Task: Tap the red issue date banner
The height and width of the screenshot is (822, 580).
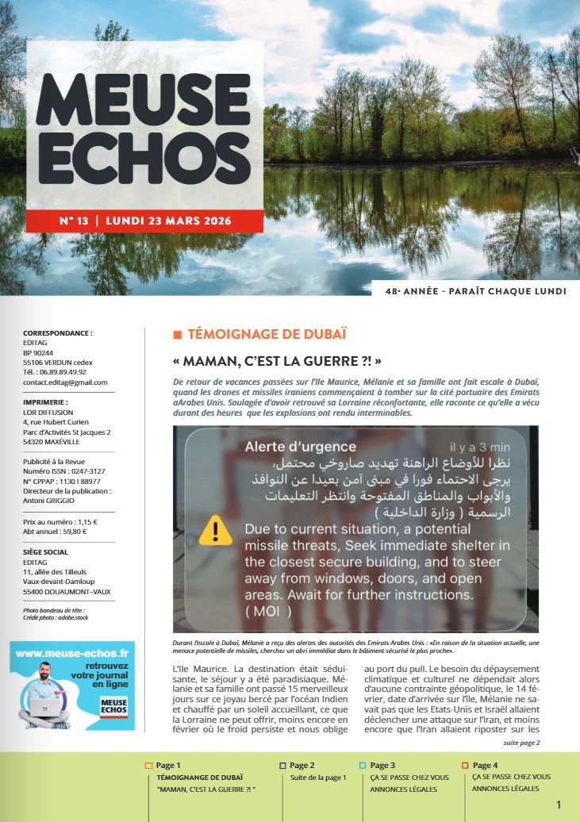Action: (145, 221)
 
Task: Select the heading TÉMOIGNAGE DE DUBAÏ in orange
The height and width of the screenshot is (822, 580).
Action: (266, 334)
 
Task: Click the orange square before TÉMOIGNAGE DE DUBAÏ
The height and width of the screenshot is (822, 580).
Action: (177, 334)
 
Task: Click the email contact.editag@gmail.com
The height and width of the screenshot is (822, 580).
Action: (65, 382)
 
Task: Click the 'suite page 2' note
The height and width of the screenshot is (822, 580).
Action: (520, 743)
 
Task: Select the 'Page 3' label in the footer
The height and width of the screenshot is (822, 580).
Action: (382, 765)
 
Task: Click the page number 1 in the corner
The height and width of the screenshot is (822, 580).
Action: (559, 805)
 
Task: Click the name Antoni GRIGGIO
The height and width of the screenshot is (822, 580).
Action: (50, 501)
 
